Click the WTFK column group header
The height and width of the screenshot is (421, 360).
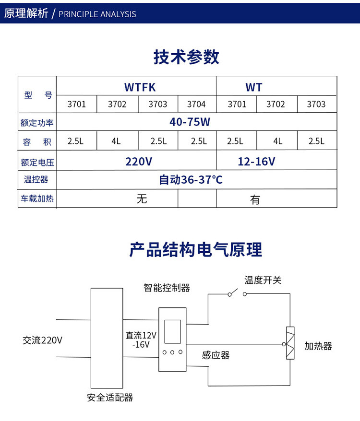(x=140, y=87)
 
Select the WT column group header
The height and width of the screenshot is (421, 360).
(x=254, y=87)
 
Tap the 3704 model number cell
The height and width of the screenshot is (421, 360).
(x=196, y=104)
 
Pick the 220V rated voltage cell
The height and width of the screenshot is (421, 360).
(x=139, y=162)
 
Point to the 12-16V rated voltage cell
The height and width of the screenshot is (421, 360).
(x=256, y=162)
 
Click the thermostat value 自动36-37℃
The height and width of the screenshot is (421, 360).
(x=191, y=180)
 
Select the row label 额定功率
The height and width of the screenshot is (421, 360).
(x=37, y=122)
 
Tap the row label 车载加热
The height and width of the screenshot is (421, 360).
(x=37, y=198)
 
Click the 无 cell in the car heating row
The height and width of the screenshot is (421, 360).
(x=142, y=199)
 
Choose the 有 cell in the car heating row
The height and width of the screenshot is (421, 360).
(x=255, y=199)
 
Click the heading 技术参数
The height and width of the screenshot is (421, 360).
(x=186, y=57)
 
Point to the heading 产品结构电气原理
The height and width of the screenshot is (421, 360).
(x=195, y=250)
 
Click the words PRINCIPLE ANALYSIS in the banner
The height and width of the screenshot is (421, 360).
(x=97, y=14)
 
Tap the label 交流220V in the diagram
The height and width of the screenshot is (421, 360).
(x=42, y=340)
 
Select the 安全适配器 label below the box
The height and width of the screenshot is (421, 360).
(x=110, y=398)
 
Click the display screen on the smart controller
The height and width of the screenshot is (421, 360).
(x=172, y=331)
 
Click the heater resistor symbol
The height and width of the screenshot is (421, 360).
(x=289, y=343)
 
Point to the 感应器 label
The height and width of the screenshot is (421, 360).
(x=216, y=355)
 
